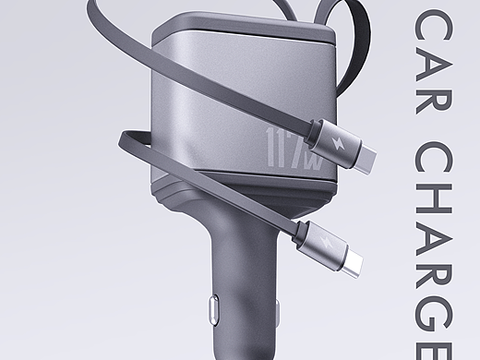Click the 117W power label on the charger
[294, 149]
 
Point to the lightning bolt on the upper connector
[337, 142]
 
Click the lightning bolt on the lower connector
[326, 242]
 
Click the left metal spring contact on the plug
[214, 310]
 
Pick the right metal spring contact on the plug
[278, 314]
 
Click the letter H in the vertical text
[434, 198]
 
